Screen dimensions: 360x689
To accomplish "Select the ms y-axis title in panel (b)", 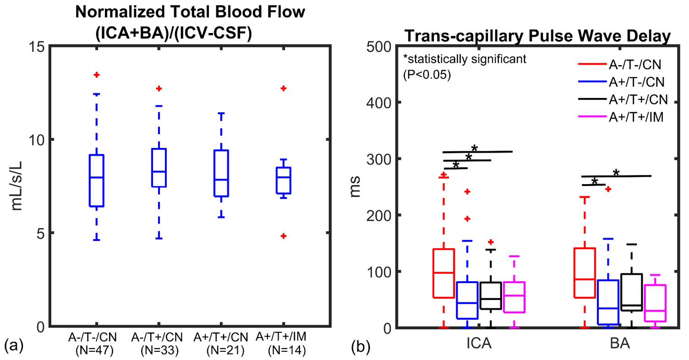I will [x=357, y=187].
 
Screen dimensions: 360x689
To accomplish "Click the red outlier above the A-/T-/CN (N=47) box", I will [x=97, y=75].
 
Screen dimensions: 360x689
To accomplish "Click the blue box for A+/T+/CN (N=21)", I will [x=221, y=173].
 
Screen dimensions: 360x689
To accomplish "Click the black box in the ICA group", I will [x=491, y=296].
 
